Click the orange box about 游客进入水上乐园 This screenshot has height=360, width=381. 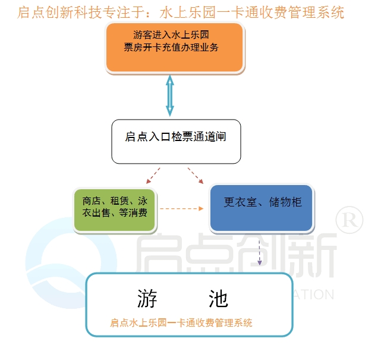coord(175,48)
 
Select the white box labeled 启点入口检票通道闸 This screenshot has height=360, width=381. coord(176,142)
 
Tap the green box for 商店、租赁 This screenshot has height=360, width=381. coord(115,211)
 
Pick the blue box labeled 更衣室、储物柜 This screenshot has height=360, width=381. coord(262,208)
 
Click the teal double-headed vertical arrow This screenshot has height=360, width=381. coord(170,96)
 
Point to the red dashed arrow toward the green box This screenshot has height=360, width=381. coord(153,176)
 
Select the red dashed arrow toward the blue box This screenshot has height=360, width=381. coord(196,176)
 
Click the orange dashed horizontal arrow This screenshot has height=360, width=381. coord(181,208)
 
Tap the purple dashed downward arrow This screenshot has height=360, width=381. coord(259,253)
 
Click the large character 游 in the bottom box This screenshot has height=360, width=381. coord(147,299)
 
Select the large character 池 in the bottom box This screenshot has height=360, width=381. coord(218,299)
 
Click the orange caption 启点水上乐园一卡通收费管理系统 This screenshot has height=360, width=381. coord(181,323)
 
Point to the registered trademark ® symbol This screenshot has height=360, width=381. coord(349,220)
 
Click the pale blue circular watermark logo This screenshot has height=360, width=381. coord(71,263)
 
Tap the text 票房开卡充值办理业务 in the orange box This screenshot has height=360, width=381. coord(171,47)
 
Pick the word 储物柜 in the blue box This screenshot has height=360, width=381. coord(285,202)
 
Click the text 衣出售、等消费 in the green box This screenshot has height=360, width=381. coord(115,212)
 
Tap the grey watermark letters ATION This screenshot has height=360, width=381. coord(314,295)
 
